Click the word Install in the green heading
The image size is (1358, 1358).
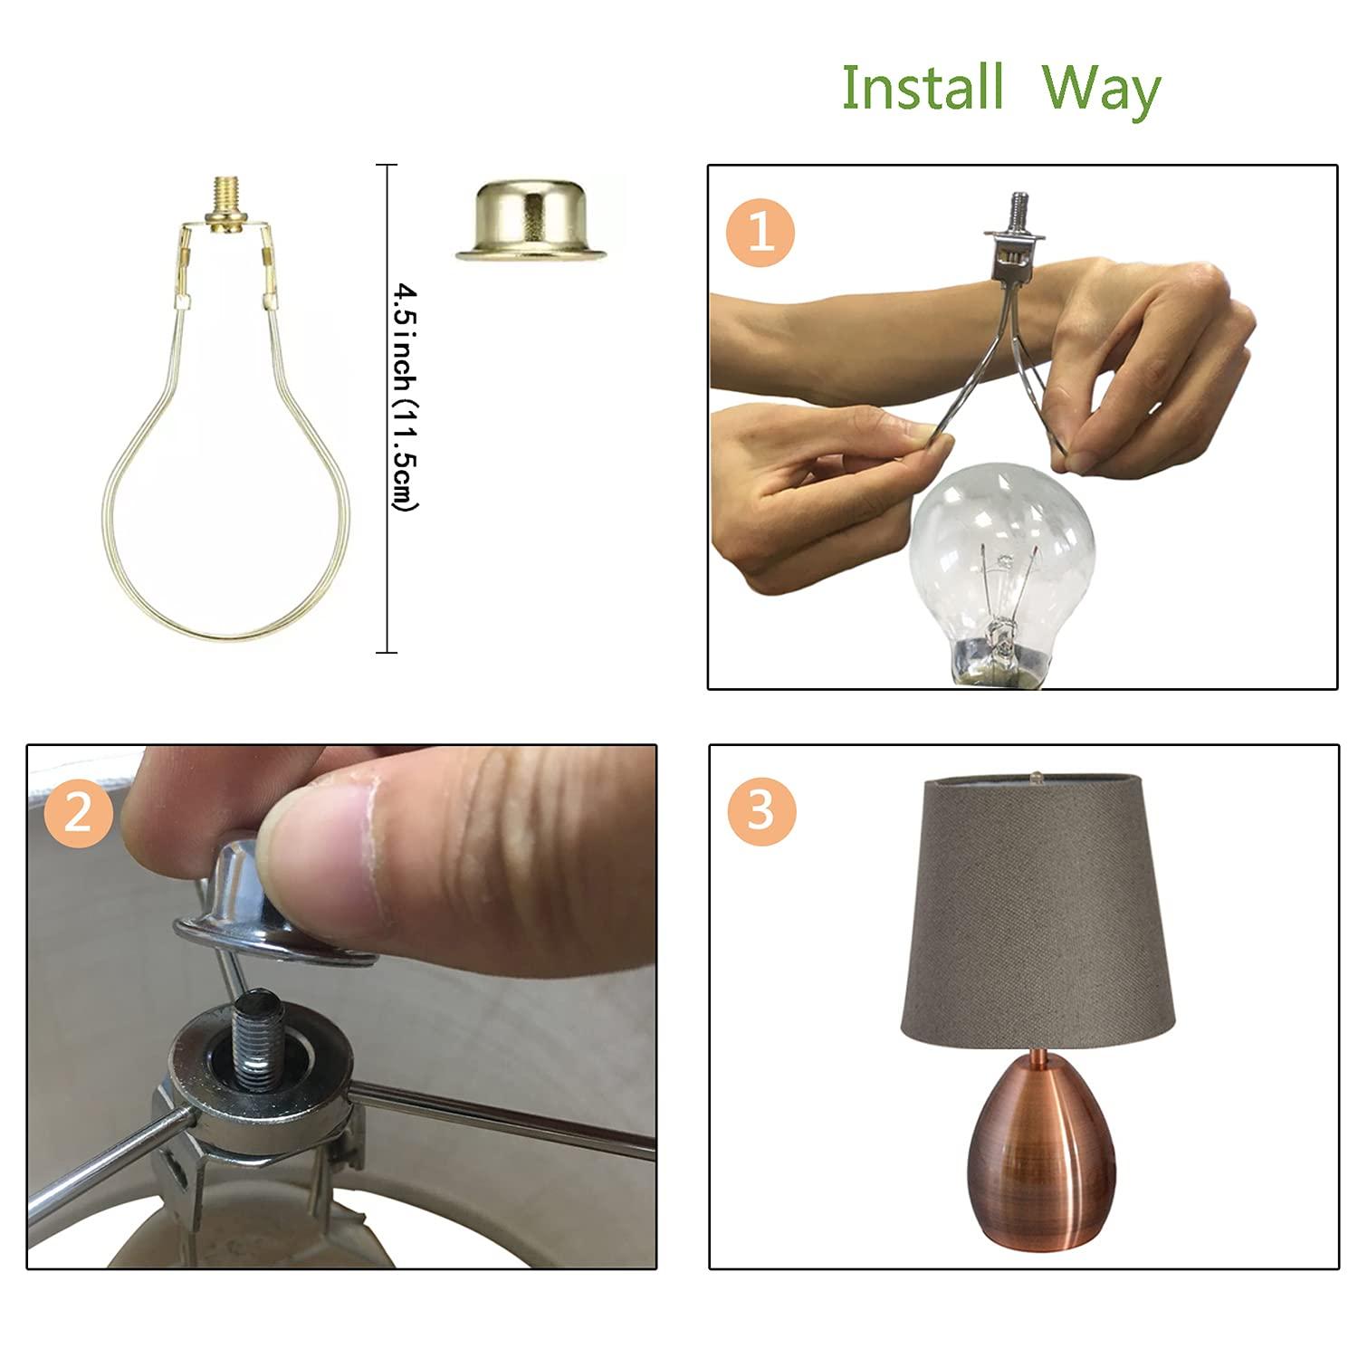[923, 87]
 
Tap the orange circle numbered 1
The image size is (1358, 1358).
[760, 232]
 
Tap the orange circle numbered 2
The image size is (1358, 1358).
[78, 811]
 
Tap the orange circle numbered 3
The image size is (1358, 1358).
[761, 810]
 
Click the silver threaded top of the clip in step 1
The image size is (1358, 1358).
[1014, 206]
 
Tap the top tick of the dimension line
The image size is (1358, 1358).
[387, 166]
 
